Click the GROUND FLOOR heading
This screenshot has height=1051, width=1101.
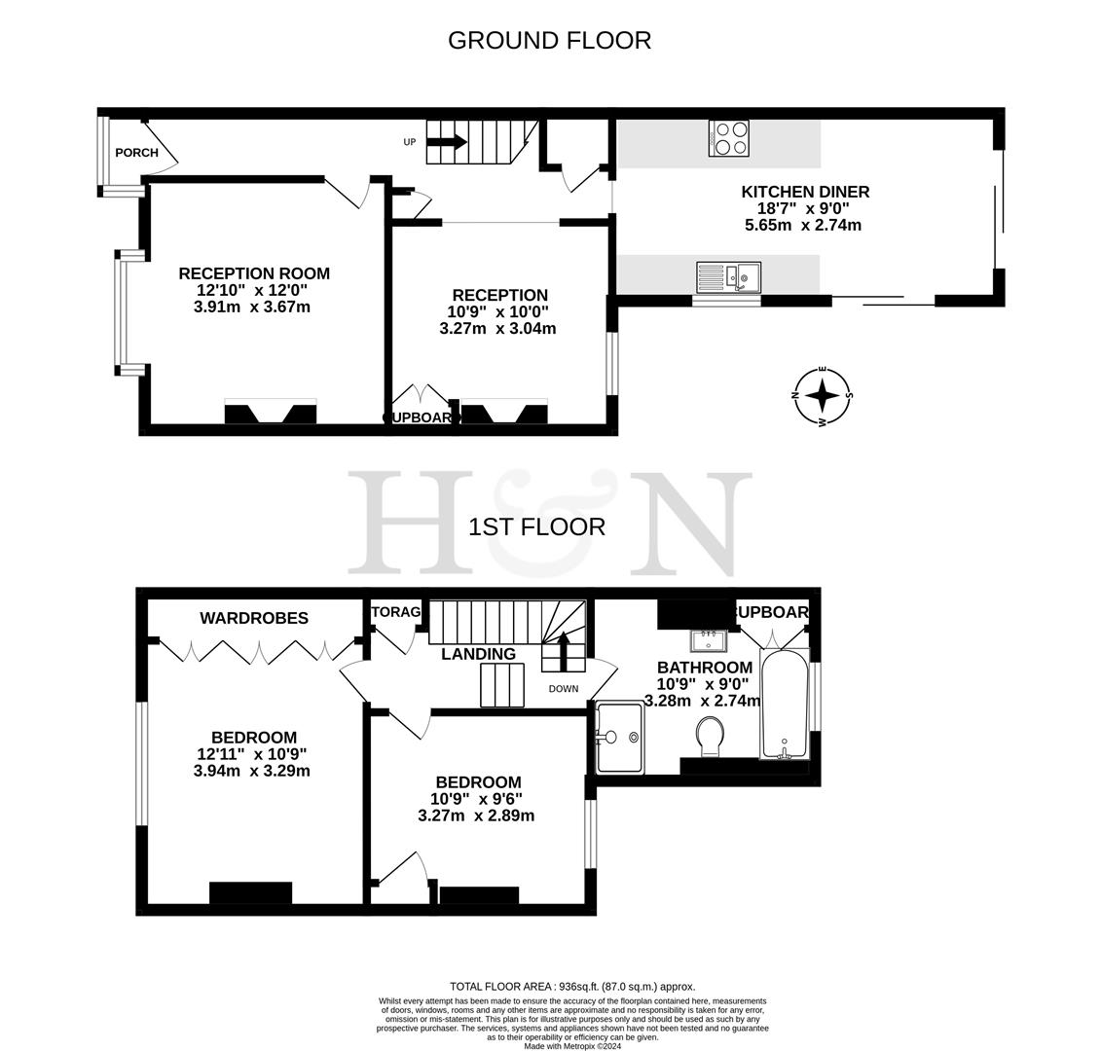click(549, 40)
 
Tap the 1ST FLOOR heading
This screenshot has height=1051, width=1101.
click(536, 526)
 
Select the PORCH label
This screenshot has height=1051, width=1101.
click(136, 153)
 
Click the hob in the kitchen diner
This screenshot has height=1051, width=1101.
click(729, 137)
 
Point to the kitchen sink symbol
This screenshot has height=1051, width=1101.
click(728, 276)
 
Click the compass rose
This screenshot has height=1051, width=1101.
click(823, 395)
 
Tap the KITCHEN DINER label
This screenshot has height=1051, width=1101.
click(805, 192)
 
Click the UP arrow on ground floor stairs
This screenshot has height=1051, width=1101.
click(447, 142)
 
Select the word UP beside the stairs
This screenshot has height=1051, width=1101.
click(410, 142)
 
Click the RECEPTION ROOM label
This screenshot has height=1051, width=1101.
click(254, 273)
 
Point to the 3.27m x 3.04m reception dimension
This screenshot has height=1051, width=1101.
click(497, 328)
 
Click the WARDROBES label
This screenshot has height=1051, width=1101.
click(254, 618)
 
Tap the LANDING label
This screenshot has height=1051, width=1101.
click(478, 654)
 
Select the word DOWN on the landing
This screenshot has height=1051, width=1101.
click(563, 689)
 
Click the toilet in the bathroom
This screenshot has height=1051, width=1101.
click(711, 736)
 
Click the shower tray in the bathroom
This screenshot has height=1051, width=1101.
click(620, 738)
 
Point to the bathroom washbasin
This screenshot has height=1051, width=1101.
click(709, 639)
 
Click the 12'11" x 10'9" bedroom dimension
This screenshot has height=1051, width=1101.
click(251, 754)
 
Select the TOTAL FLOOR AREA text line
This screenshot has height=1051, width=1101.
click(572, 986)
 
